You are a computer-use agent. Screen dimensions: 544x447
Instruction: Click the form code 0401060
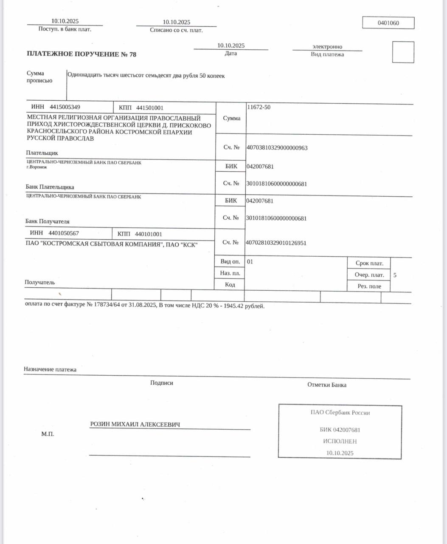388,23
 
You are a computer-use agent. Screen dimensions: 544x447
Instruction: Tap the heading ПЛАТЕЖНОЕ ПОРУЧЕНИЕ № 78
82,54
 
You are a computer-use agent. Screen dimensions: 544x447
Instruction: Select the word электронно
327,47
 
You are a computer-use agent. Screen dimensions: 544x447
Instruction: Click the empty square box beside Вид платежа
403,52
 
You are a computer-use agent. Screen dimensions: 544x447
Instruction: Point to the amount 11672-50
259,107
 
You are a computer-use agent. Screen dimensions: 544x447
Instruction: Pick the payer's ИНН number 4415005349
65,107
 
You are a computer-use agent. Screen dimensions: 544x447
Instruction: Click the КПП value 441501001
149,108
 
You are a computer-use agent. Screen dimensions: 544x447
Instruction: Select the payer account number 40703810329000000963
277,148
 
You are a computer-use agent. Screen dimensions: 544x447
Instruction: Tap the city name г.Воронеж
37,167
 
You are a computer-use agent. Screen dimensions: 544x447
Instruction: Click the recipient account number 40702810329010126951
276,243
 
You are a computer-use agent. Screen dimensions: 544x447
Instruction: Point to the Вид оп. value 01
250,262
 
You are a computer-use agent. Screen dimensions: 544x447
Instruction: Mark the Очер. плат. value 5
395,275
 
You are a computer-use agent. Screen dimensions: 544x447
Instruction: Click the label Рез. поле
369,286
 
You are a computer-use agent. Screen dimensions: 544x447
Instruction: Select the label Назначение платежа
50,370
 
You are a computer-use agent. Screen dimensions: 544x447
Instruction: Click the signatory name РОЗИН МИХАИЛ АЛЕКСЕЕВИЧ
135,424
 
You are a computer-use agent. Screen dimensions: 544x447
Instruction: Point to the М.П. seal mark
48,434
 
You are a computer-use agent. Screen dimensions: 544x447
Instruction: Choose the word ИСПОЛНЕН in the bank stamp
340,442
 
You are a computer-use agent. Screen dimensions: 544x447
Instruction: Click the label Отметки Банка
326,385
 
